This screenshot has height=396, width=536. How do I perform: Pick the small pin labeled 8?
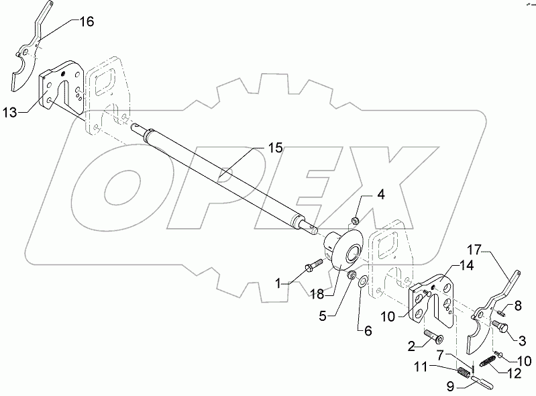[502, 309]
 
